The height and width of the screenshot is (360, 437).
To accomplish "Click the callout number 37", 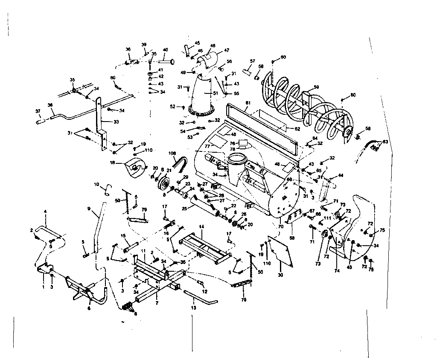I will [38, 111].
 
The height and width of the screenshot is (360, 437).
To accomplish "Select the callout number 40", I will [165, 49].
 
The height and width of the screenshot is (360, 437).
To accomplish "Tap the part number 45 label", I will [197, 43].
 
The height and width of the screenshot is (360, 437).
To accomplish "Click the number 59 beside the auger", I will [316, 87].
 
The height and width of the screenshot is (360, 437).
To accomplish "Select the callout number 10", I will [96, 185].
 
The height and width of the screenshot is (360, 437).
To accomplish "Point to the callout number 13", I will [194, 307].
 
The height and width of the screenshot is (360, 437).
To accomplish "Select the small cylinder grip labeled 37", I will [41, 122].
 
